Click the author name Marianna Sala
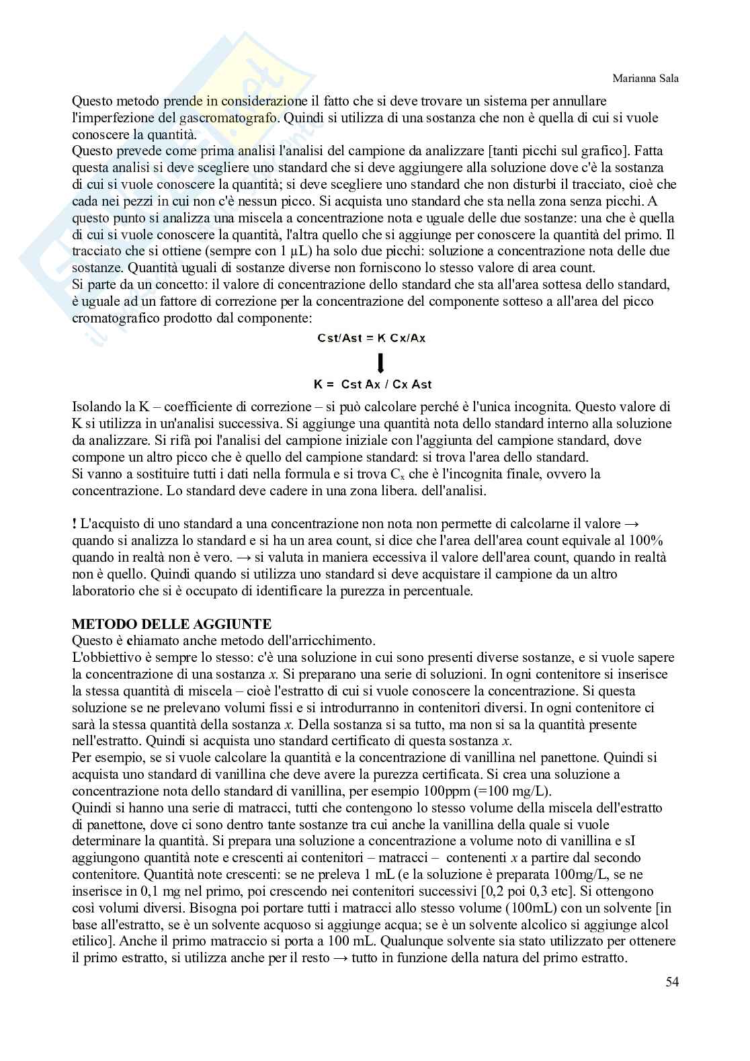click(645, 79)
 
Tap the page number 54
click(672, 982)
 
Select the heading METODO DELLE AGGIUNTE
click(171, 624)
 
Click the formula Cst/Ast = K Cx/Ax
click(372, 338)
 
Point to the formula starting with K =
click(372, 384)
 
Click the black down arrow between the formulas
click(381, 363)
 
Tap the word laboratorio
click(100, 591)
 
